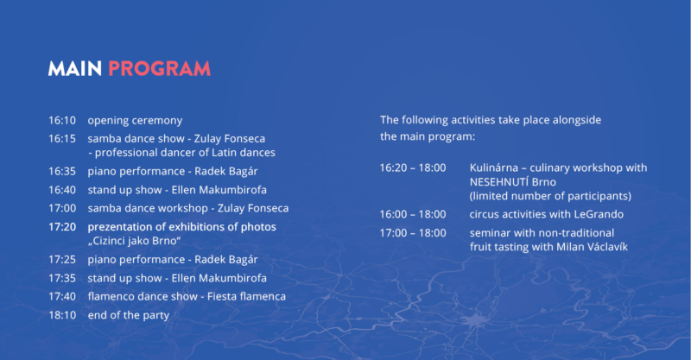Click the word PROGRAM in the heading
pos(159,69)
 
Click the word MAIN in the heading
pos(75,69)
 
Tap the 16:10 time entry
pos(62,120)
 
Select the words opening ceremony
pos(135,121)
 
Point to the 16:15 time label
pos(62,139)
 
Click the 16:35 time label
pos(62,172)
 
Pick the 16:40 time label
pos(62,190)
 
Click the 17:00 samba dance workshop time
pos(62,208)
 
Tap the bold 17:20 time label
pos(62,227)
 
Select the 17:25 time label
pos(62,260)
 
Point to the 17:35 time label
pos(62,278)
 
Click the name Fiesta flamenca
pos(246,297)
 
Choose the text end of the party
pos(128,315)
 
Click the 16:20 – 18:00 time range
pos(413,167)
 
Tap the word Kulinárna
pos(493,167)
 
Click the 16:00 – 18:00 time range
pos(413,215)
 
